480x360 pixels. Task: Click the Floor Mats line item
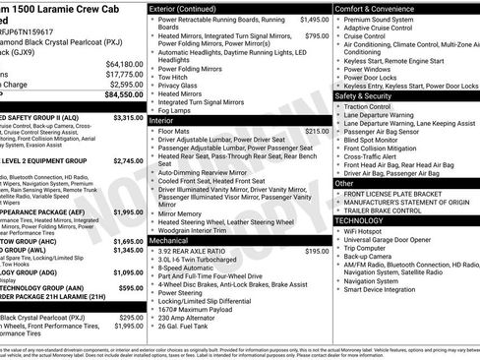[x=173, y=131]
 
